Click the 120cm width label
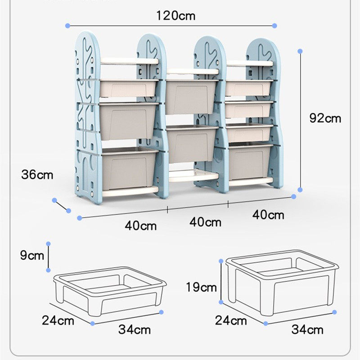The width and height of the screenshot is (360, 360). click(x=176, y=16)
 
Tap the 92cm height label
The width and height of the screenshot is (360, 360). click(x=325, y=118)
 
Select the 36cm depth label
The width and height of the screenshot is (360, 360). click(x=37, y=174)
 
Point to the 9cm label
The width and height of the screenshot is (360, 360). click(x=32, y=256)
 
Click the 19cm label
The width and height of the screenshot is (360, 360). click(x=201, y=287)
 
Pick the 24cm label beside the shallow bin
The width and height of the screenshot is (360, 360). click(x=58, y=320)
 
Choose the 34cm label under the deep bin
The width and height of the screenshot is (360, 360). click(x=307, y=329)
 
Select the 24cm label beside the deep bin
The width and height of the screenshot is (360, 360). click(x=231, y=320)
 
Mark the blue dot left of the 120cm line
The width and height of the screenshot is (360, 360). click(x=67, y=26)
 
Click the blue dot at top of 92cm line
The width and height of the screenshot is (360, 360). click(x=301, y=51)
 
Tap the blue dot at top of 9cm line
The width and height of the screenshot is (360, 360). click(x=48, y=243)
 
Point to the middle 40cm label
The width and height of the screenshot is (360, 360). click(x=205, y=222)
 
